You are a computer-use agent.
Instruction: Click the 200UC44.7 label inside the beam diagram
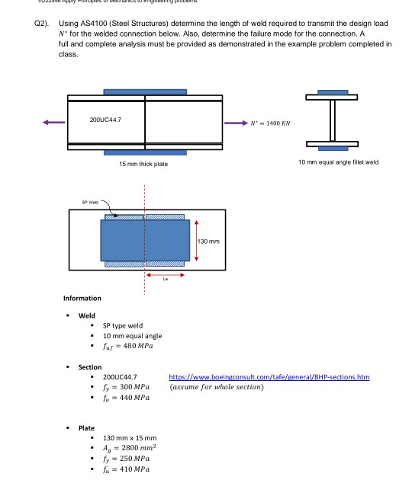105,120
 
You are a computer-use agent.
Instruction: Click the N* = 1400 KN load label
270,123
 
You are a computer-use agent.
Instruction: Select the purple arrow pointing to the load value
234,122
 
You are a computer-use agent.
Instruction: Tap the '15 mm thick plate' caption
143,164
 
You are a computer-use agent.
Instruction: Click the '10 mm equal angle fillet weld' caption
338,162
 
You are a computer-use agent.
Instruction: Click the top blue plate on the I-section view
333,93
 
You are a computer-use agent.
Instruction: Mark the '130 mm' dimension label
209,241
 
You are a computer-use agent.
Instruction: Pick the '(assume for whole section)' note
217,387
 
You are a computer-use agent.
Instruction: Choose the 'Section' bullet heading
90,367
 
